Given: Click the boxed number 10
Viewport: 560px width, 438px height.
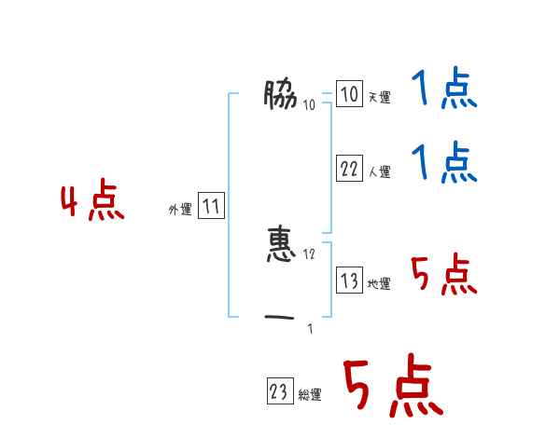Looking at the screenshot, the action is [x=349, y=94].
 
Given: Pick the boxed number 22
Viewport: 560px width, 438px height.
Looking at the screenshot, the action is [x=349, y=169].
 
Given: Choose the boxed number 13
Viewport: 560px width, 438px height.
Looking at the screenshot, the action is [x=349, y=281].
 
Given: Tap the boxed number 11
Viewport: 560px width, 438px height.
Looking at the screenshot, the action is [x=211, y=207].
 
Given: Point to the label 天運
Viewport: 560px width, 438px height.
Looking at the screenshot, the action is [x=379, y=97].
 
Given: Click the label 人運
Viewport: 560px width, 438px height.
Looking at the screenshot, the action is [x=379, y=171].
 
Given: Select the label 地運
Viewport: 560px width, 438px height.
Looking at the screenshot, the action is [x=379, y=283].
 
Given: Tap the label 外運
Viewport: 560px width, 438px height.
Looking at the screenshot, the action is [x=180, y=210].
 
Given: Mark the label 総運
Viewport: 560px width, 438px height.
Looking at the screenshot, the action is [x=310, y=395].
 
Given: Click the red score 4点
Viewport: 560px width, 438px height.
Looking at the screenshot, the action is [x=92, y=203].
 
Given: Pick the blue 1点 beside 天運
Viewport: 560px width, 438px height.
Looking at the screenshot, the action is [x=444, y=90].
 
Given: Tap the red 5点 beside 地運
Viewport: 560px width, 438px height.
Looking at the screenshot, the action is [x=444, y=275].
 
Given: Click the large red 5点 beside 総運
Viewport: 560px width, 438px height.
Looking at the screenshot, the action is [x=392, y=387].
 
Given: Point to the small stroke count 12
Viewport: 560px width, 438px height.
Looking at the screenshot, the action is [x=309, y=253].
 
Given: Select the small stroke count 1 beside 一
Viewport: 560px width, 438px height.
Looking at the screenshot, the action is [x=310, y=328].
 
